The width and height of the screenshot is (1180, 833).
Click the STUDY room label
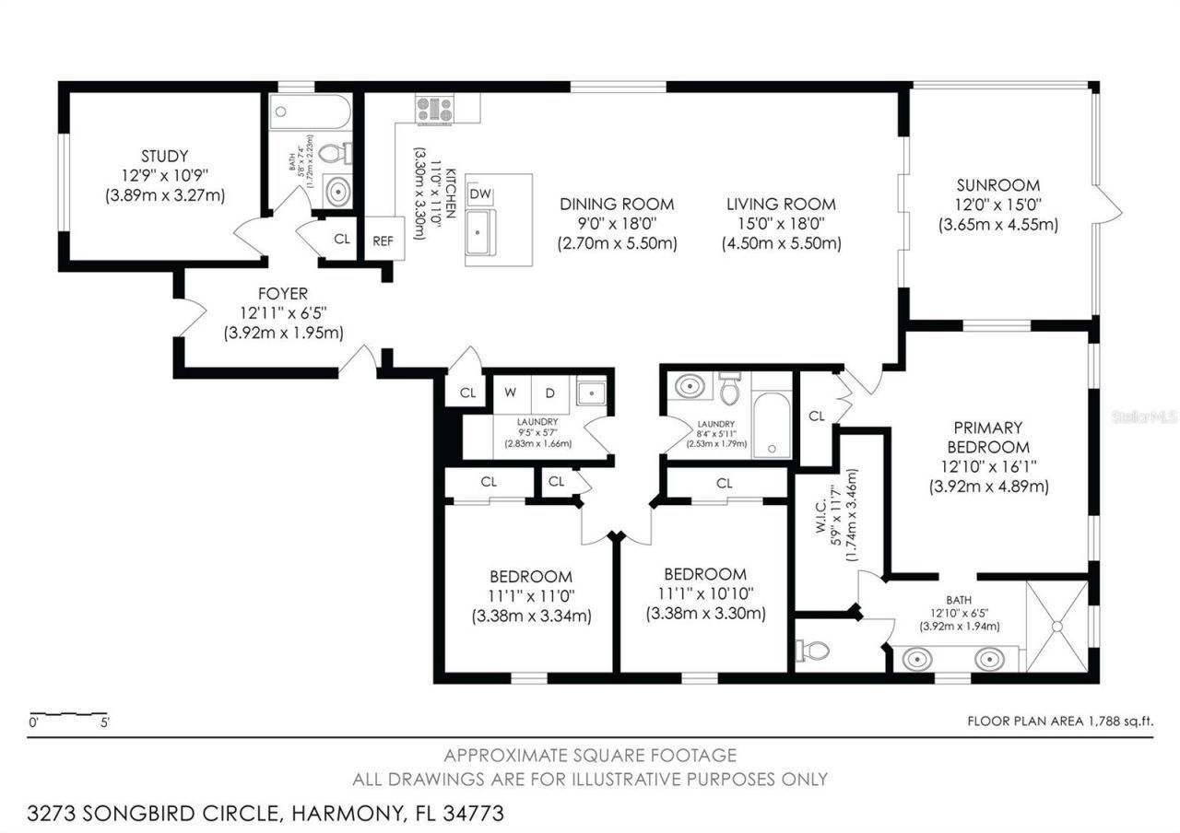coord(165,156)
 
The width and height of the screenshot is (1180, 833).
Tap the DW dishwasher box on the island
coord(479,194)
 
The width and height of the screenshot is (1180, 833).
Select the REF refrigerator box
coord(383,240)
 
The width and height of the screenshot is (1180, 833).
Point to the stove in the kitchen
coord(434,110)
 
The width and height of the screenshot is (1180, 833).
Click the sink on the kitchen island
coord(479,229)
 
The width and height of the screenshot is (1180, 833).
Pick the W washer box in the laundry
coord(509,393)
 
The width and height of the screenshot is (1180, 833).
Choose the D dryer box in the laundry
coord(549,393)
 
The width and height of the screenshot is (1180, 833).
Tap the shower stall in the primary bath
coord(1056,627)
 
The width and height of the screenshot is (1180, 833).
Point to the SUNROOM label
coord(997,185)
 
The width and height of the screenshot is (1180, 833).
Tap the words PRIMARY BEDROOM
coord(987,436)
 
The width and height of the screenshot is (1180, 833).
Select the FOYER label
coord(283,295)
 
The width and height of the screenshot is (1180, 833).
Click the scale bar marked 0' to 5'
coord(70,714)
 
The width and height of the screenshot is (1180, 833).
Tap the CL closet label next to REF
coord(342,240)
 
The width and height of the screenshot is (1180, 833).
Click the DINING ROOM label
coord(617,204)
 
